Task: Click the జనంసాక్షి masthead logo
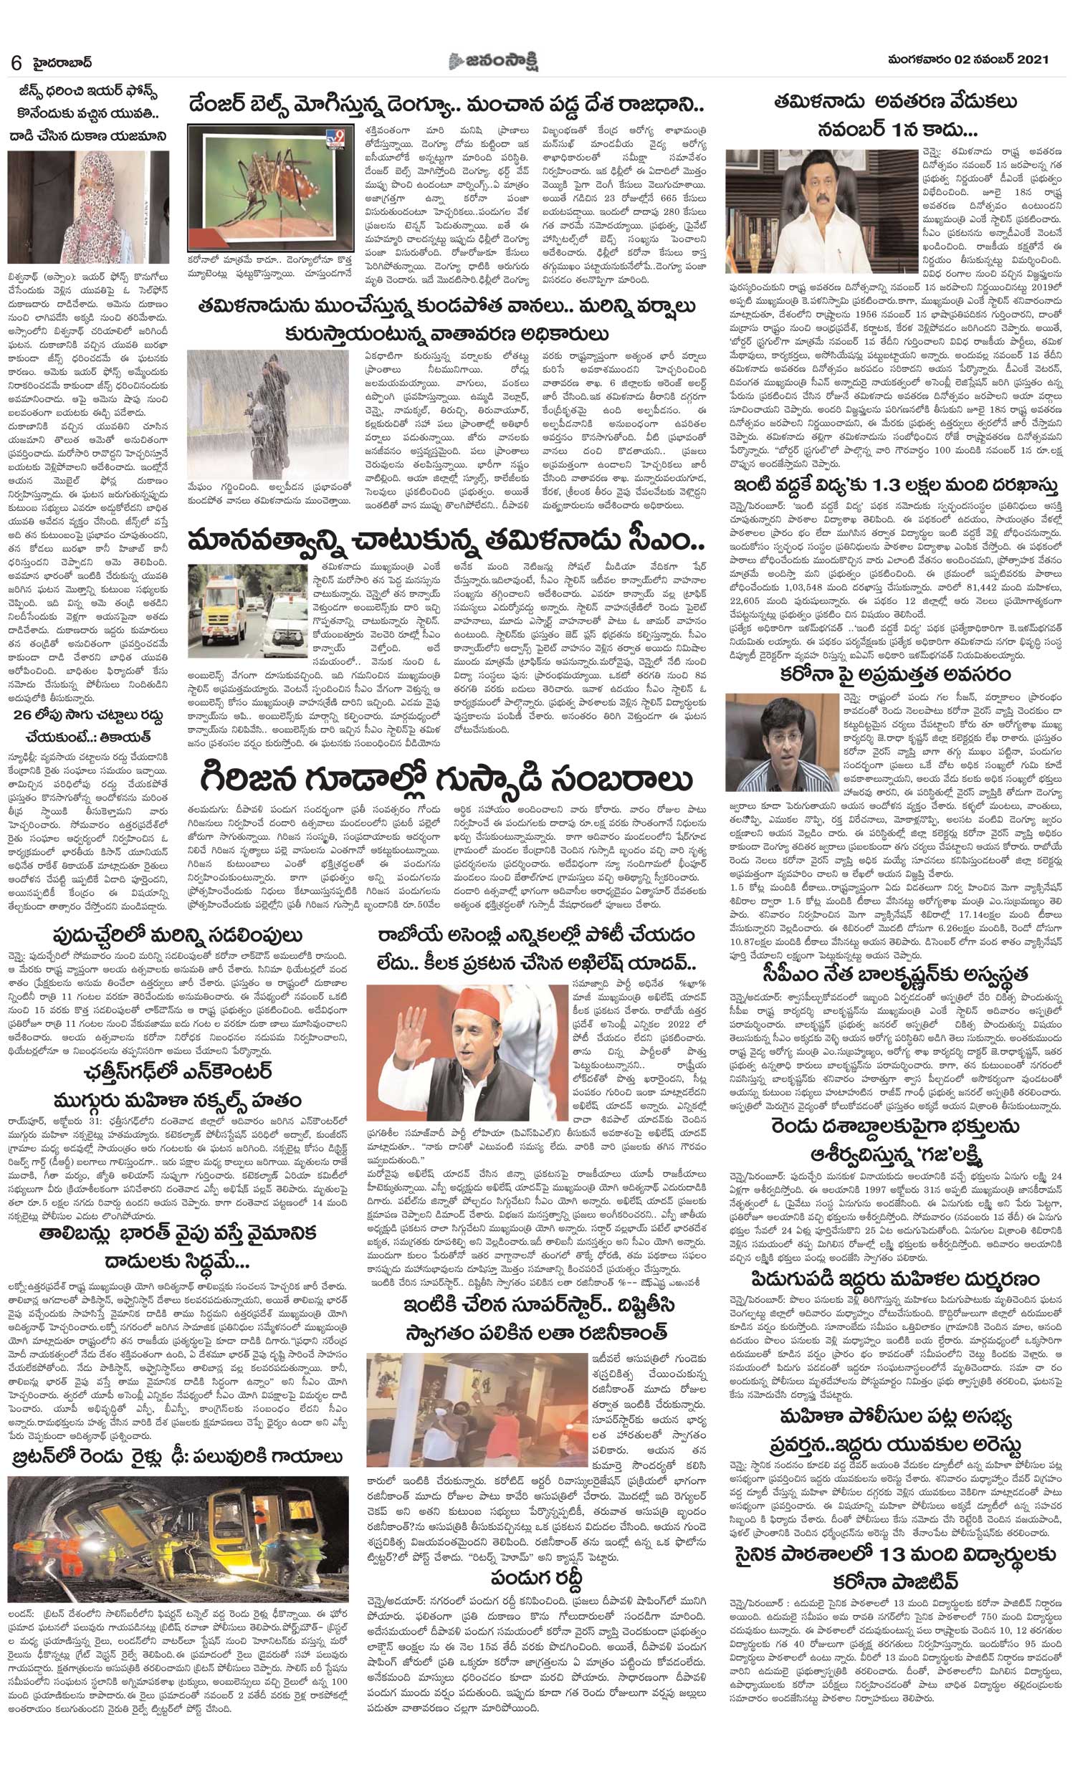[x=500, y=60]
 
